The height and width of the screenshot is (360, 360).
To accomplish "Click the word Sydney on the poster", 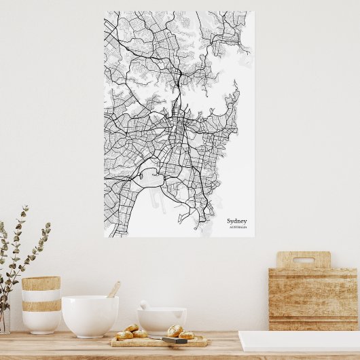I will tap(237, 221).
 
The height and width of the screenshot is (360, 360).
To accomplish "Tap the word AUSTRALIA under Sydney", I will tap(238, 228).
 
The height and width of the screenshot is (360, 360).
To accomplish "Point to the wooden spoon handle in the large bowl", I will tap(113, 289).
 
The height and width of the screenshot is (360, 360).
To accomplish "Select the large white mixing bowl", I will tap(90, 315).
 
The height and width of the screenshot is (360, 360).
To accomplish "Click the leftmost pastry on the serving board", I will tap(124, 335).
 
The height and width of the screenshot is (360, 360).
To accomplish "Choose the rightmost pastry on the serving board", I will tap(187, 335).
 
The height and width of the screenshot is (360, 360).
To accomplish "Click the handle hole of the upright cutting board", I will tap(304, 260).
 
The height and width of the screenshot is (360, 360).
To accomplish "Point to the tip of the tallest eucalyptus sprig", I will tap(26, 208).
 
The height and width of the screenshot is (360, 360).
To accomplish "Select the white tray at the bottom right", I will tap(299, 340).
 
